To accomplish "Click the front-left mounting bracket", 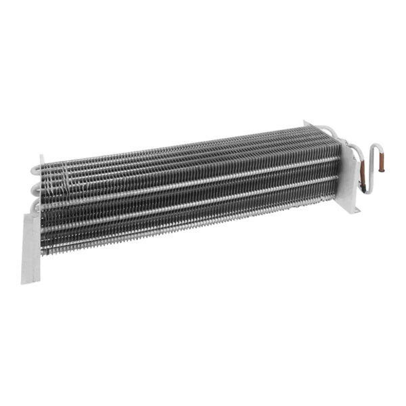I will click(x=31, y=246).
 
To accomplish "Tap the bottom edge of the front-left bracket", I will click(x=30, y=281).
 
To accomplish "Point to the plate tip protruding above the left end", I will click(x=42, y=158).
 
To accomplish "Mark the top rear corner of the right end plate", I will click(x=306, y=122).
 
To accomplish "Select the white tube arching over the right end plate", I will click(x=328, y=129).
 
